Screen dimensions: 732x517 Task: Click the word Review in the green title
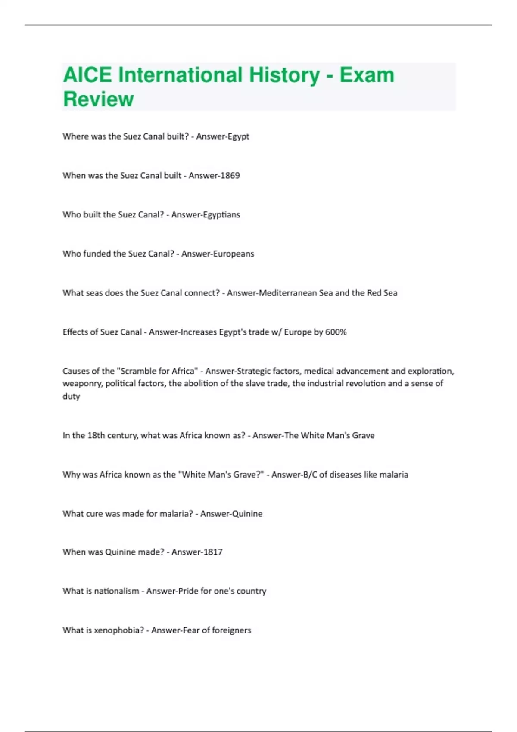click(x=98, y=99)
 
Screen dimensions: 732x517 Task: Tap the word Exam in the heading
click(x=367, y=75)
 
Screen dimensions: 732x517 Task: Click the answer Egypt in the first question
click(x=238, y=136)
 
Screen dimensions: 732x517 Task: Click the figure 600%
click(x=336, y=332)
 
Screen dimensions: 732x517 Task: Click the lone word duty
click(x=71, y=397)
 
